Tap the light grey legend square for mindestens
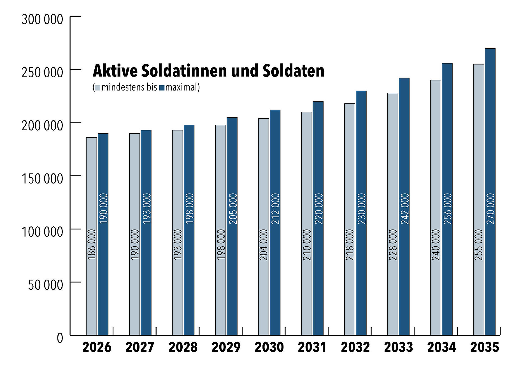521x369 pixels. click(97, 88)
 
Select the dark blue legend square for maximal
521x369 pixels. click(162, 88)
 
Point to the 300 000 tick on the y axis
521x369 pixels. click(42, 20)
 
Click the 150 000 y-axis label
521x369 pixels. click(42, 179)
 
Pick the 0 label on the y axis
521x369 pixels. click(60, 338)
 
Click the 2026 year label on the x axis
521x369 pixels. click(97, 347)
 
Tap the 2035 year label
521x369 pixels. click(485, 347)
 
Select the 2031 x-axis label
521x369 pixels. click(312, 347)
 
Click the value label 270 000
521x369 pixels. click(490, 209)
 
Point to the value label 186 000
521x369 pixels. click(92, 244)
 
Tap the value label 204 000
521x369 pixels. click(264, 244)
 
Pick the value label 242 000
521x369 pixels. click(404, 209)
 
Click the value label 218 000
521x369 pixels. click(350, 244)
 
